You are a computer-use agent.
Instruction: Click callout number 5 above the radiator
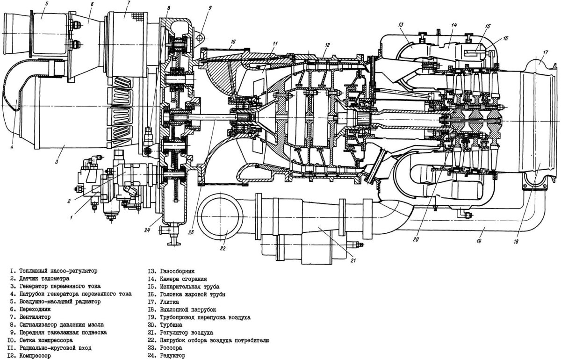[47, 3]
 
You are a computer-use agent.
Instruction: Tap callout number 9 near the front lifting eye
[210, 7]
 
